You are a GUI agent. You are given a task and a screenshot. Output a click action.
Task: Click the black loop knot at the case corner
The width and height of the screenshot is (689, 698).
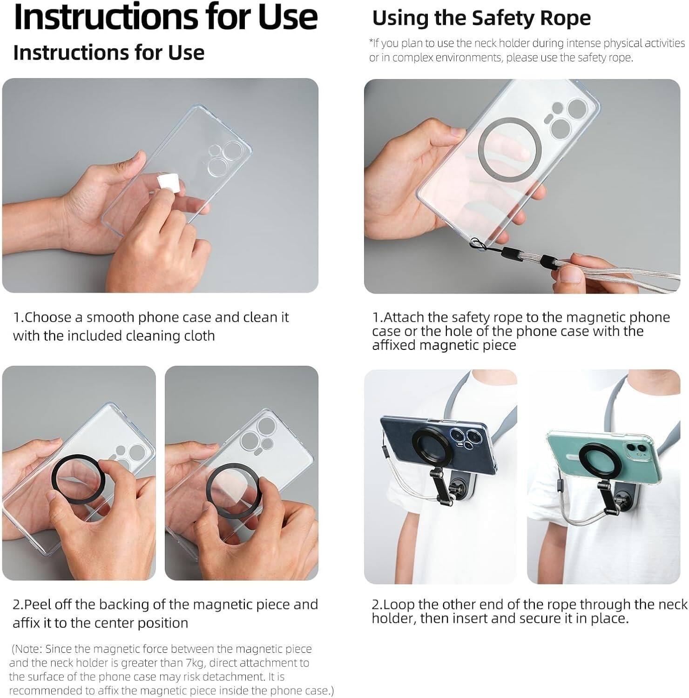(477, 242)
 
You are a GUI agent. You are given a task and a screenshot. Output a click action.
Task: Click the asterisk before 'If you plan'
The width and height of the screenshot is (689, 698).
(371, 43)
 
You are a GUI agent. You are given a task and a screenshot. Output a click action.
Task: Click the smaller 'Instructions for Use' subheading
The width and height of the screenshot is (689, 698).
(108, 53)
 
